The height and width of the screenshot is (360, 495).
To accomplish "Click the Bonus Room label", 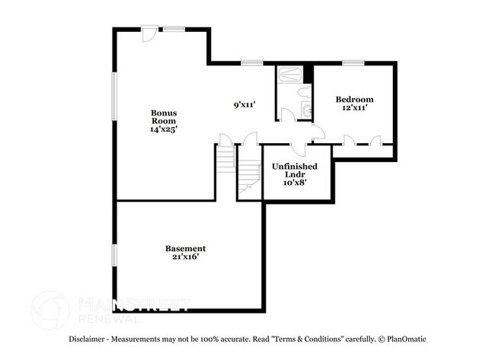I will (164, 116).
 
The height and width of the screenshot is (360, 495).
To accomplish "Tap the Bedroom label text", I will (355, 100).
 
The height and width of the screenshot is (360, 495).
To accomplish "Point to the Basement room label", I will (185, 248).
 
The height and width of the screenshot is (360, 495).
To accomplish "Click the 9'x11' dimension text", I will (244, 105).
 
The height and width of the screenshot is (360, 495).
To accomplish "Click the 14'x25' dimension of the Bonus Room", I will (164, 129).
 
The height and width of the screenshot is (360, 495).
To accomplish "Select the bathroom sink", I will (306, 112).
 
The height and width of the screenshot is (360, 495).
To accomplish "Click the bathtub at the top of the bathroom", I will (289, 75).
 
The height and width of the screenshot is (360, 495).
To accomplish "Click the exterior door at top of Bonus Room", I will (150, 34).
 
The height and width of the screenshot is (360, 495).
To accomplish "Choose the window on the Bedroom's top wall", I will (353, 63).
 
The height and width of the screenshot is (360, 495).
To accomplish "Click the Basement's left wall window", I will (114, 256).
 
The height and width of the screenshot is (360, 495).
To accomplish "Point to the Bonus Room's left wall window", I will (114, 96).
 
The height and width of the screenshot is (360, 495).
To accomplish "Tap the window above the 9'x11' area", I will (251, 62).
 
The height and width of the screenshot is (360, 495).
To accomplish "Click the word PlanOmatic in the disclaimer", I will (404, 339).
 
